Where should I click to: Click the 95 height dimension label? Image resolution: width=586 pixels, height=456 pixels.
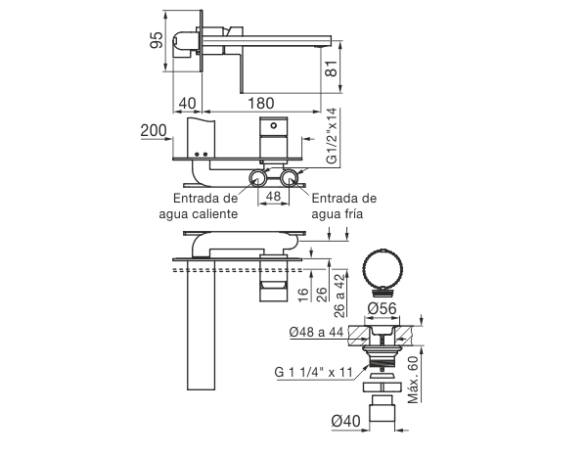[157, 39]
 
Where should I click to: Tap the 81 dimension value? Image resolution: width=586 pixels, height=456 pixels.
[332, 68]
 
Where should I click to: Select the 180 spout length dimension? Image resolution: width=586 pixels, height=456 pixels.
[261, 103]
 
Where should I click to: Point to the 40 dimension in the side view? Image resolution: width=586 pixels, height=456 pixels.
[187, 103]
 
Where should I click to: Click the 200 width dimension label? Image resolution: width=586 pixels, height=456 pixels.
[154, 130]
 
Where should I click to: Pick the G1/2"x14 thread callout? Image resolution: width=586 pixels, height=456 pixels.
[332, 136]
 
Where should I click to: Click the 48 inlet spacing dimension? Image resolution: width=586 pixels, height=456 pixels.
[273, 196]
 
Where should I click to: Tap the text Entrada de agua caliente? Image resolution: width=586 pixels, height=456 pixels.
[199, 205]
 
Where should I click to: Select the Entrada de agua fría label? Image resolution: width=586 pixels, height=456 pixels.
[343, 205]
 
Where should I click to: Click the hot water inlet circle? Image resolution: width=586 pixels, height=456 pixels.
[257, 178]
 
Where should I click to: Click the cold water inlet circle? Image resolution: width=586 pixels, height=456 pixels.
[290, 178]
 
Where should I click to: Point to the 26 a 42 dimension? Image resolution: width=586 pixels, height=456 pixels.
[339, 296]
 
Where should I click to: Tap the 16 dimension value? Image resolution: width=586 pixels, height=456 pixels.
[304, 295]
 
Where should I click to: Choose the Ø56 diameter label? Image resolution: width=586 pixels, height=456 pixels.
[382, 309]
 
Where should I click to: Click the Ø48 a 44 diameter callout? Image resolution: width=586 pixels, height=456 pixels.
[316, 332]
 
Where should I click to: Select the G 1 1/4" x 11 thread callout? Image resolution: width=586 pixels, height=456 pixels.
[314, 372]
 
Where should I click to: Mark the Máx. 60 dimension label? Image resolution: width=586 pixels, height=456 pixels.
[414, 380]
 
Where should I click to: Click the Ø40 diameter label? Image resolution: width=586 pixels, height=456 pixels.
[345, 421]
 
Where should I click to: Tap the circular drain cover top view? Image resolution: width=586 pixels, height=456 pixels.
[383, 269]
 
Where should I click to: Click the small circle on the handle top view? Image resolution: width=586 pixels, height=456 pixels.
[274, 125]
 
